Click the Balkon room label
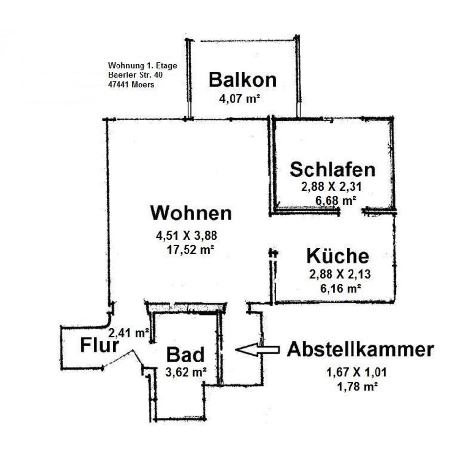click(242, 79)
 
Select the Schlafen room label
click(332, 169)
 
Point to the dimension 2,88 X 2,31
click(331, 186)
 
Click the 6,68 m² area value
click(336, 200)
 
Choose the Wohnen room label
click(190, 213)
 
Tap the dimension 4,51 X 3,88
click(186, 236)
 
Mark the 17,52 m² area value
click(191, 249)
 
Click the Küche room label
click(337, 256)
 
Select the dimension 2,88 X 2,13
click(338, 274)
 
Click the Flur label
click(99, 345)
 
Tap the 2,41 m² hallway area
click(129, 333)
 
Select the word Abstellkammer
click(360, 350)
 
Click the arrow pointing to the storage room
click(258, 349)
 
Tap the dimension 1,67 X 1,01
click(357, 373)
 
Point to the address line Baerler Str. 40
click(135, 75)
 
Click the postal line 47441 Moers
click(131, 84)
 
